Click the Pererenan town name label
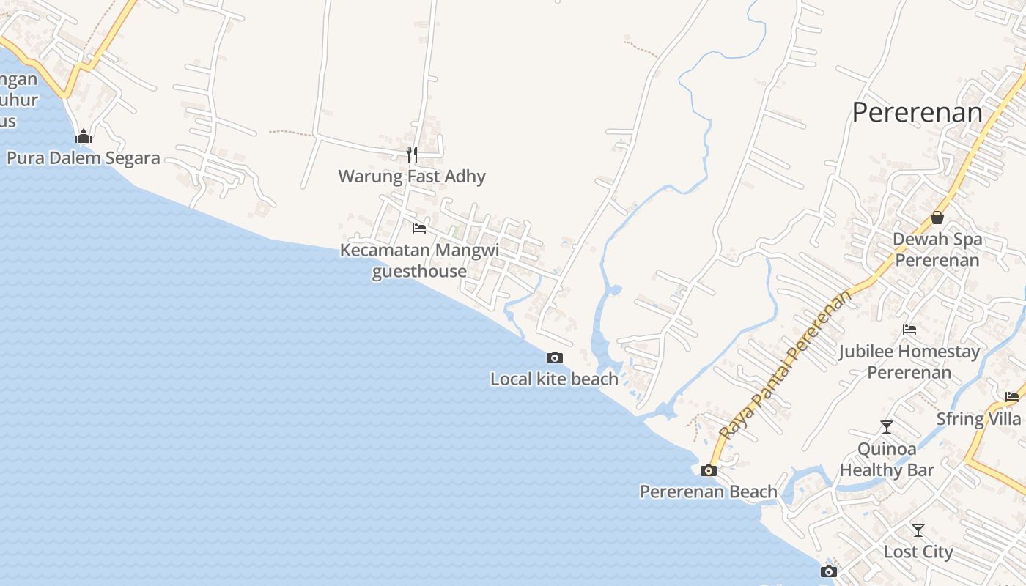917,112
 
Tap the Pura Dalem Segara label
83,158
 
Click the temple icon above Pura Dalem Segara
84,136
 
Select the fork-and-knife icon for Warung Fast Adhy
412,154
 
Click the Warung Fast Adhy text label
412,177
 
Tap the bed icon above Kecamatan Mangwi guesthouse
419,229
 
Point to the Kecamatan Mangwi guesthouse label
419,261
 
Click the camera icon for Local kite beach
555,357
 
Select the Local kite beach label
554,379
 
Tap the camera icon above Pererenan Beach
709,470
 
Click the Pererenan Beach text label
708,492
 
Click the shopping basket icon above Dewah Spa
937,218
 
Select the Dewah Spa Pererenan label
937,250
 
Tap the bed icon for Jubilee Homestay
909,330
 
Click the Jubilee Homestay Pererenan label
909,362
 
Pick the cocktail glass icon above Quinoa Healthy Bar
887,426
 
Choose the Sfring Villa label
978,419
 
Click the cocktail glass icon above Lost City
918,530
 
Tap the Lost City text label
918,552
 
